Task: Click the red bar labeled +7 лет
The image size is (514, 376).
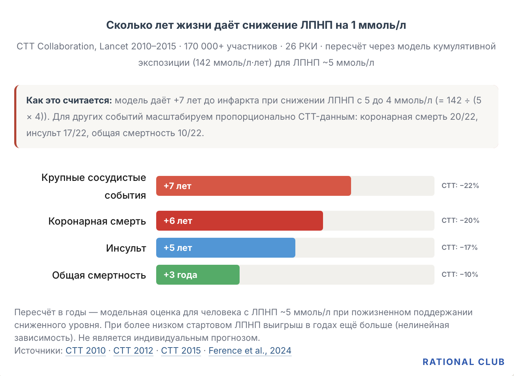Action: coord(253,186)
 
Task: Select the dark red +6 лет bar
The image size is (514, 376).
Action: coord(239,221)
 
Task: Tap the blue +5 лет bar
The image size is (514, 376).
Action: coord(225,248)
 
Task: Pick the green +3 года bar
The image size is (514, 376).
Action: coord(198,275)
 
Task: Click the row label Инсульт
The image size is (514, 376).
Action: coord(126,248)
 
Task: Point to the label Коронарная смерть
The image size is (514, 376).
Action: coord(97,221)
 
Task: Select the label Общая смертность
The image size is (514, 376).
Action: coord(99,275)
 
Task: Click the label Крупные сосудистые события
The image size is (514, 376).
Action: coord(94,186)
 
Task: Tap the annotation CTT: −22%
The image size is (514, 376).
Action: coord(460,186)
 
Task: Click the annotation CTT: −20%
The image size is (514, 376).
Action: coord(460,220)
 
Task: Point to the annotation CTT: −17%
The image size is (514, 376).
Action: coord(460,247)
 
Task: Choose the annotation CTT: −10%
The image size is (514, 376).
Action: coord(460,274)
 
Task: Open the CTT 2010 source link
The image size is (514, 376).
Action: coord(86,350)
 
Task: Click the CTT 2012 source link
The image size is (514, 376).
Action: coord(133,350)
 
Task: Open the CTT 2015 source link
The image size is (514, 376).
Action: coord(181,350)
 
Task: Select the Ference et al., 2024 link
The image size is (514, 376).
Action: coord(250,350)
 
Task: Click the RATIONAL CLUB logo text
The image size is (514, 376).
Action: coord(464,362)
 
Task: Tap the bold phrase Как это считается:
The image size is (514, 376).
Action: coord(69,100)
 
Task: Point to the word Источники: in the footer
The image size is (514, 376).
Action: coord(39,350)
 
